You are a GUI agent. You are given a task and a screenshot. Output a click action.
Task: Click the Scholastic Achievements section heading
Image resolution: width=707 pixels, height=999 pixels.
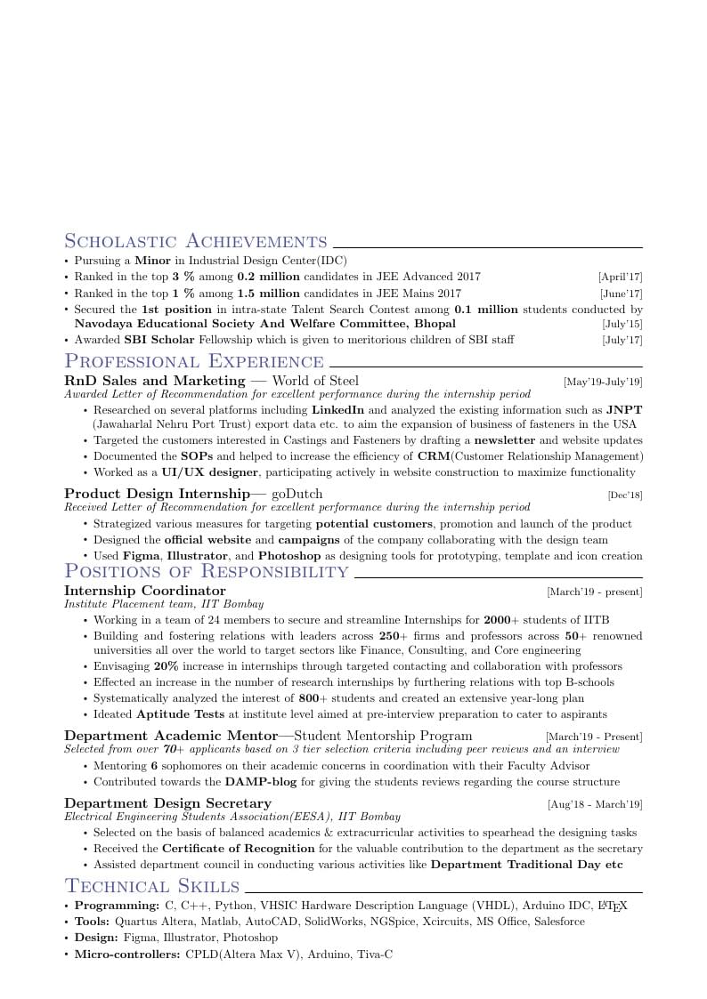click(x=196, y=241)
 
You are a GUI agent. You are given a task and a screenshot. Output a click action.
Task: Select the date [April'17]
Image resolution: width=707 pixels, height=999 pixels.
click(x=620, y=278)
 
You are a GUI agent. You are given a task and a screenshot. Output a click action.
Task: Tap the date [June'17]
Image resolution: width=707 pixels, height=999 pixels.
click(x=621, y=294)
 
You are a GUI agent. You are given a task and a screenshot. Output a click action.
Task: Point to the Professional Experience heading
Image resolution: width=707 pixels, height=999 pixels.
click(x=194, y=361)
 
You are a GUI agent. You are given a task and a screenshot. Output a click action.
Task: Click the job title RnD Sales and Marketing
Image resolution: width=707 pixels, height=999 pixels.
click(x=154, y=381)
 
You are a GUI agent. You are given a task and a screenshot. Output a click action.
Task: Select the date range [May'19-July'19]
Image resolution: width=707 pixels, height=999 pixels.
click(x=602, y=382)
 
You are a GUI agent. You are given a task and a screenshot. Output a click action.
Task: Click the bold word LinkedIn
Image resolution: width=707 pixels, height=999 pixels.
click(x=337, y=410)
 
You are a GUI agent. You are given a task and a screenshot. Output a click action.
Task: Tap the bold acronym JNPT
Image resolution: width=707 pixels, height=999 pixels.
click(x=624, y=410)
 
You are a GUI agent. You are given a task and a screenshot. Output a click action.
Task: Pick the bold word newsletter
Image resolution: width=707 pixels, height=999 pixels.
click(x=504, y=440)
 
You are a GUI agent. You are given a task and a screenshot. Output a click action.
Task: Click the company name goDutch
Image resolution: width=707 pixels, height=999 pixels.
click(x=297, y=494)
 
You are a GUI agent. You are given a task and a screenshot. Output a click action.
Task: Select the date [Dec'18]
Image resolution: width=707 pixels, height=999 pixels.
click(x=624, y=495)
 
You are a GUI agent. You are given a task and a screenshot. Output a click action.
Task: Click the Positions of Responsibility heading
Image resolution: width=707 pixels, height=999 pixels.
click(x=207, y=571)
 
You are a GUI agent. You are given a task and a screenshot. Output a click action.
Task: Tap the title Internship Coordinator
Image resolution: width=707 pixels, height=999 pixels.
click(x=145, y=591)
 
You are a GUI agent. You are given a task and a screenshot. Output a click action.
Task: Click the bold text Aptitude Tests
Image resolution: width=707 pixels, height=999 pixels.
click(x=181, y=714)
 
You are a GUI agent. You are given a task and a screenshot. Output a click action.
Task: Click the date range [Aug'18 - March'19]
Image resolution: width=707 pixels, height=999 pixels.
click(x=594, y=804)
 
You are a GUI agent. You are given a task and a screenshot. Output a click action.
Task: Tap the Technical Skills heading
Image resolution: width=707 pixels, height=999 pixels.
click(x=152, y=886)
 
